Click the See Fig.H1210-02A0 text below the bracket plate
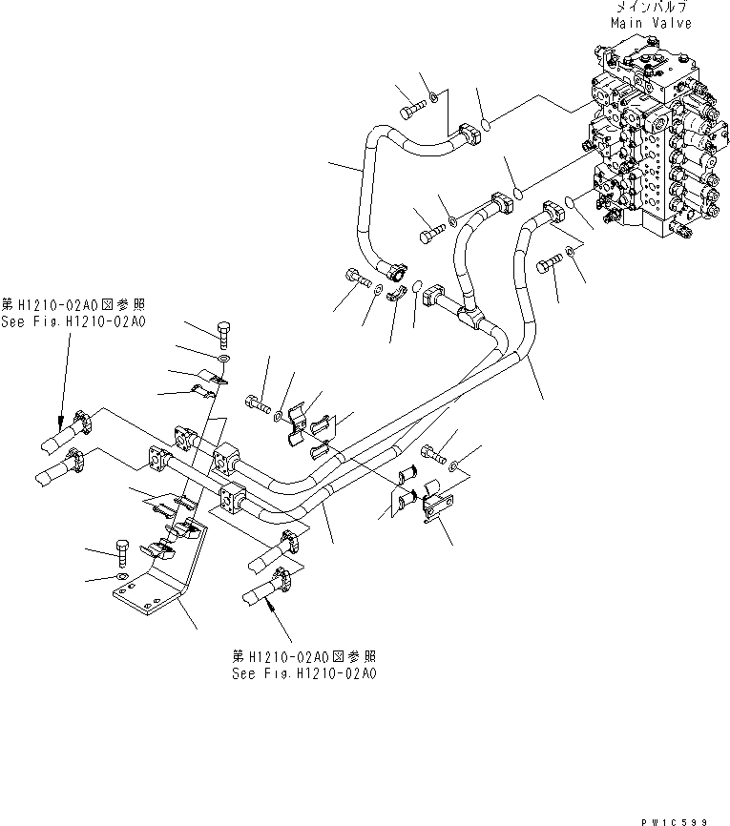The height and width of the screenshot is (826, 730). pyautogui.click(x=304, y=672)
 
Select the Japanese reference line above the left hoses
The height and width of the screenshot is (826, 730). pyautogui.click(x=73, y=304)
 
